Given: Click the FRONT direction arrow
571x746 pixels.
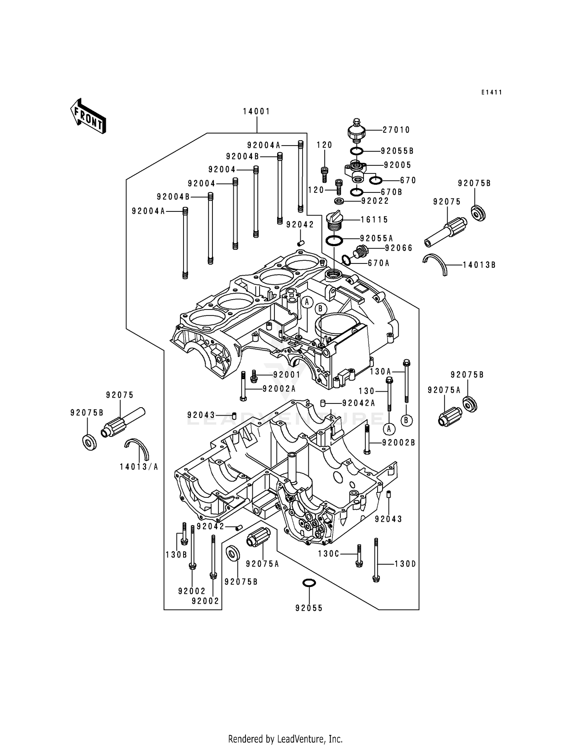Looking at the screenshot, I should click(88, 116).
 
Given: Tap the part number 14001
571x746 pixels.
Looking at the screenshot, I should click(257, 111).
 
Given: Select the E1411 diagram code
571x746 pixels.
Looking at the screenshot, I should click(491, 92).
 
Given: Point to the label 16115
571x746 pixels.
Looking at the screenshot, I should click(375, 219).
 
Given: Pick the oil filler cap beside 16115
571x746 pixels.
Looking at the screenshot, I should click(335, 221).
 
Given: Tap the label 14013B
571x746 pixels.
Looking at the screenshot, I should click(479, 265).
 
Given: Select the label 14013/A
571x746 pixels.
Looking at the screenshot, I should click(139, 467).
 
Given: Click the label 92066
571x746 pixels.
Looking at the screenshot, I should click(399, 248).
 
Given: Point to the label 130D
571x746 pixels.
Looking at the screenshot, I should click(405, 564).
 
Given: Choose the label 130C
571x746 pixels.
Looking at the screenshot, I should click(329, 554).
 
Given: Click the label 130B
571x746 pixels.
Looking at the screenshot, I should click(176, 555).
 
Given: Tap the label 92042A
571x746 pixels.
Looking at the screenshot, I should click(359, 403).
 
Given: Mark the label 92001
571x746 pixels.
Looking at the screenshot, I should click(287, 375).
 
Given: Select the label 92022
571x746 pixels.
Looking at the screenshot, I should click(375, 201).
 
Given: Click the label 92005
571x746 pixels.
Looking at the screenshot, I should click(397, 165).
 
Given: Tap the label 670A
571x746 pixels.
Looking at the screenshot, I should click(378, 263).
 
